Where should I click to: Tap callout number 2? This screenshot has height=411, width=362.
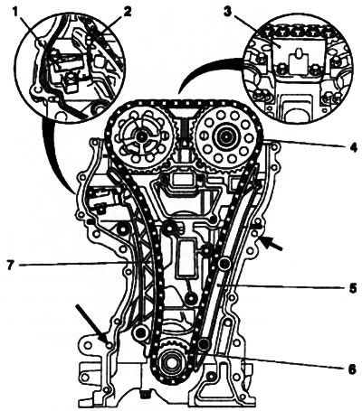click(x=127, y=12)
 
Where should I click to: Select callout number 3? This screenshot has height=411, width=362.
click(x=228, y=12)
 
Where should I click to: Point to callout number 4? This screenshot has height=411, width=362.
click(x=352, y=148)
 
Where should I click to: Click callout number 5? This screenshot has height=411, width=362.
click(x=352, y=288)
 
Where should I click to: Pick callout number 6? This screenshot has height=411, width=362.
click(x=352, y=369)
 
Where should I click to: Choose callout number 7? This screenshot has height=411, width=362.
click(x=11, y=266)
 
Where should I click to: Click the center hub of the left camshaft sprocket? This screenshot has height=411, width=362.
click(x=140, y=137)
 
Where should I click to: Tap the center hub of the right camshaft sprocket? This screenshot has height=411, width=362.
click(x=225, y=137)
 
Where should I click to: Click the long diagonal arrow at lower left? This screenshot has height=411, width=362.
click(x=92, y=324)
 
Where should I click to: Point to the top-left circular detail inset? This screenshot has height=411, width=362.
click(x=70, y=66)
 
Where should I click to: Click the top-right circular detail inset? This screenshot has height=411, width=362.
click(x=297, y=67)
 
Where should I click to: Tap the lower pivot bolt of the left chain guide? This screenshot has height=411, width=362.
click(x=140, y=333)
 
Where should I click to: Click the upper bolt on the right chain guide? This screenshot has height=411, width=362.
click(x=224, y=264)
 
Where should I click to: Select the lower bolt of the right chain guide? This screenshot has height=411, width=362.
click(x=205, y=343)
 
